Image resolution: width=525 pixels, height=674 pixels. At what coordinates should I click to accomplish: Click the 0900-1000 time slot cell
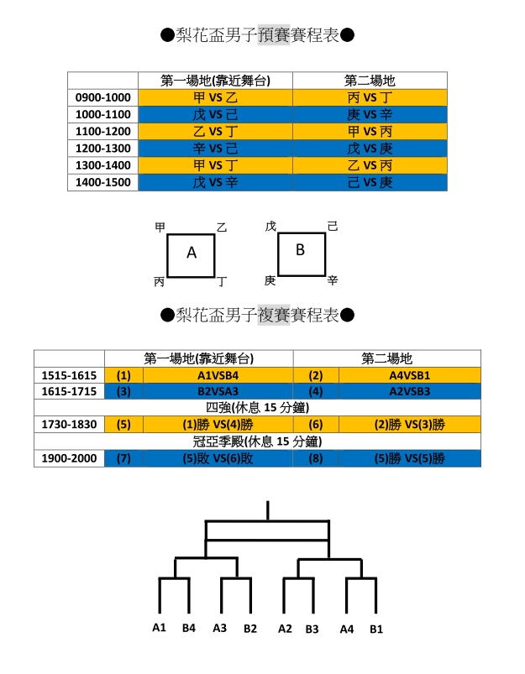102,97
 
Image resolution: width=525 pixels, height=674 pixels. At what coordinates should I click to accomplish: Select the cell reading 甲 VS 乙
215,97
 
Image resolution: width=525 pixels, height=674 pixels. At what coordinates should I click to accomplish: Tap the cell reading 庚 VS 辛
370,114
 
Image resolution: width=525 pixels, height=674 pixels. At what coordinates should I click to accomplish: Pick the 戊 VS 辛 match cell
215,182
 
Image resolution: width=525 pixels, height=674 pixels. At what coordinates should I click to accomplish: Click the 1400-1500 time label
102,182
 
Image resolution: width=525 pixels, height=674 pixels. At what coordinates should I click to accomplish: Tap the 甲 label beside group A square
160,227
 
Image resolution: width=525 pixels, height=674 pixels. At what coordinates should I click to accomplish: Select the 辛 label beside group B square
333,280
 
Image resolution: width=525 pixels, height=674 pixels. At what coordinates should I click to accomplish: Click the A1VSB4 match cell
218,375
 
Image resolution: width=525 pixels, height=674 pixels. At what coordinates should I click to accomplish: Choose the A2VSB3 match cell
410,391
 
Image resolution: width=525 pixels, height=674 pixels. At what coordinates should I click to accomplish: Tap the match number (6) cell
316,424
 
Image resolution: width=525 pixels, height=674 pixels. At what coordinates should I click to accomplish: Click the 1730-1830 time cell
69,424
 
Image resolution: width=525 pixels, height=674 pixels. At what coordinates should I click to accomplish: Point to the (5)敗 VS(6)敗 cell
218,458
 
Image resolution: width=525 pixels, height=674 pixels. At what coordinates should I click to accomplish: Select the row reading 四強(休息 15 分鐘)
257,407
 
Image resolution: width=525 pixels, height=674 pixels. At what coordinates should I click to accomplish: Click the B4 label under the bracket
189,628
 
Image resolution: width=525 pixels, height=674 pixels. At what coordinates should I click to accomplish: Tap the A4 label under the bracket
347,630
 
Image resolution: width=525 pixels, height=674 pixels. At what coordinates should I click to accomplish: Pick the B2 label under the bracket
250,629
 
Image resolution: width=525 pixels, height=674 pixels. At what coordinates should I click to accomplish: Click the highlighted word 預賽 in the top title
274,34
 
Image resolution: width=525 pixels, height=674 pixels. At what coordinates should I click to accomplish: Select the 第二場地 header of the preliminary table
370,81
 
